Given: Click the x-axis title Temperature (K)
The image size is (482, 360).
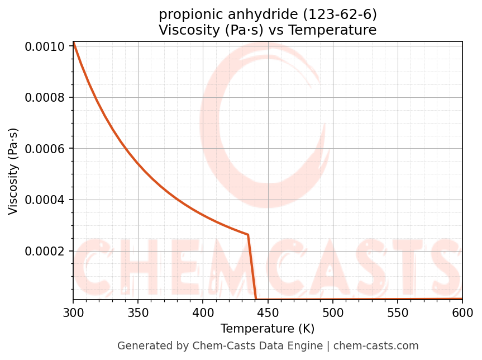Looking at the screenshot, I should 268,329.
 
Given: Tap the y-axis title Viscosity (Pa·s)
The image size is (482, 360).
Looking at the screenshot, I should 13,171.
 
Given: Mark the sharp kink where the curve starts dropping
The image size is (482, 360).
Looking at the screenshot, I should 248,235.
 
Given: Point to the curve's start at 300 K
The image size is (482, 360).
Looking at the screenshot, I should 74,42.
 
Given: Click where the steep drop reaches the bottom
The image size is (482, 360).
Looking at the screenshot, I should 256,299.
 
